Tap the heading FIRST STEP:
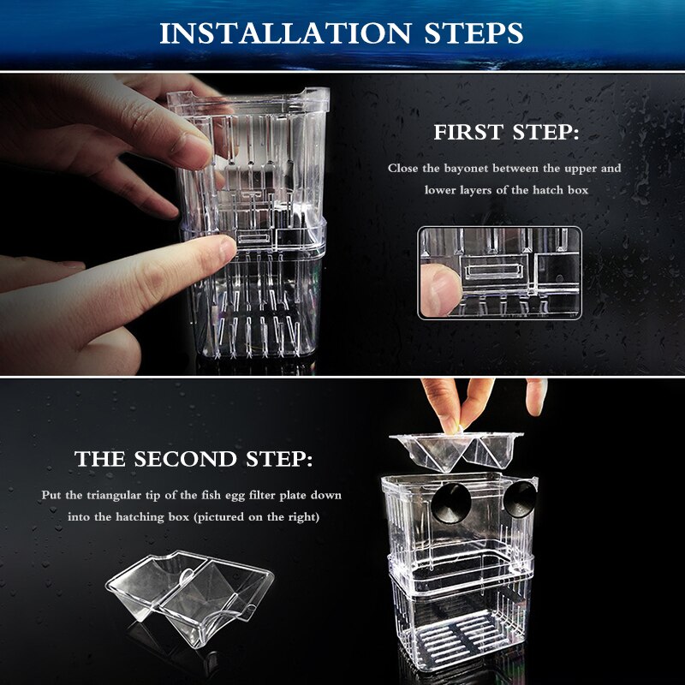pos(505,134)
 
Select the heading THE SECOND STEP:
pos(193,460)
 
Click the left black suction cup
pos(446,501)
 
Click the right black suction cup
pos(519,498)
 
